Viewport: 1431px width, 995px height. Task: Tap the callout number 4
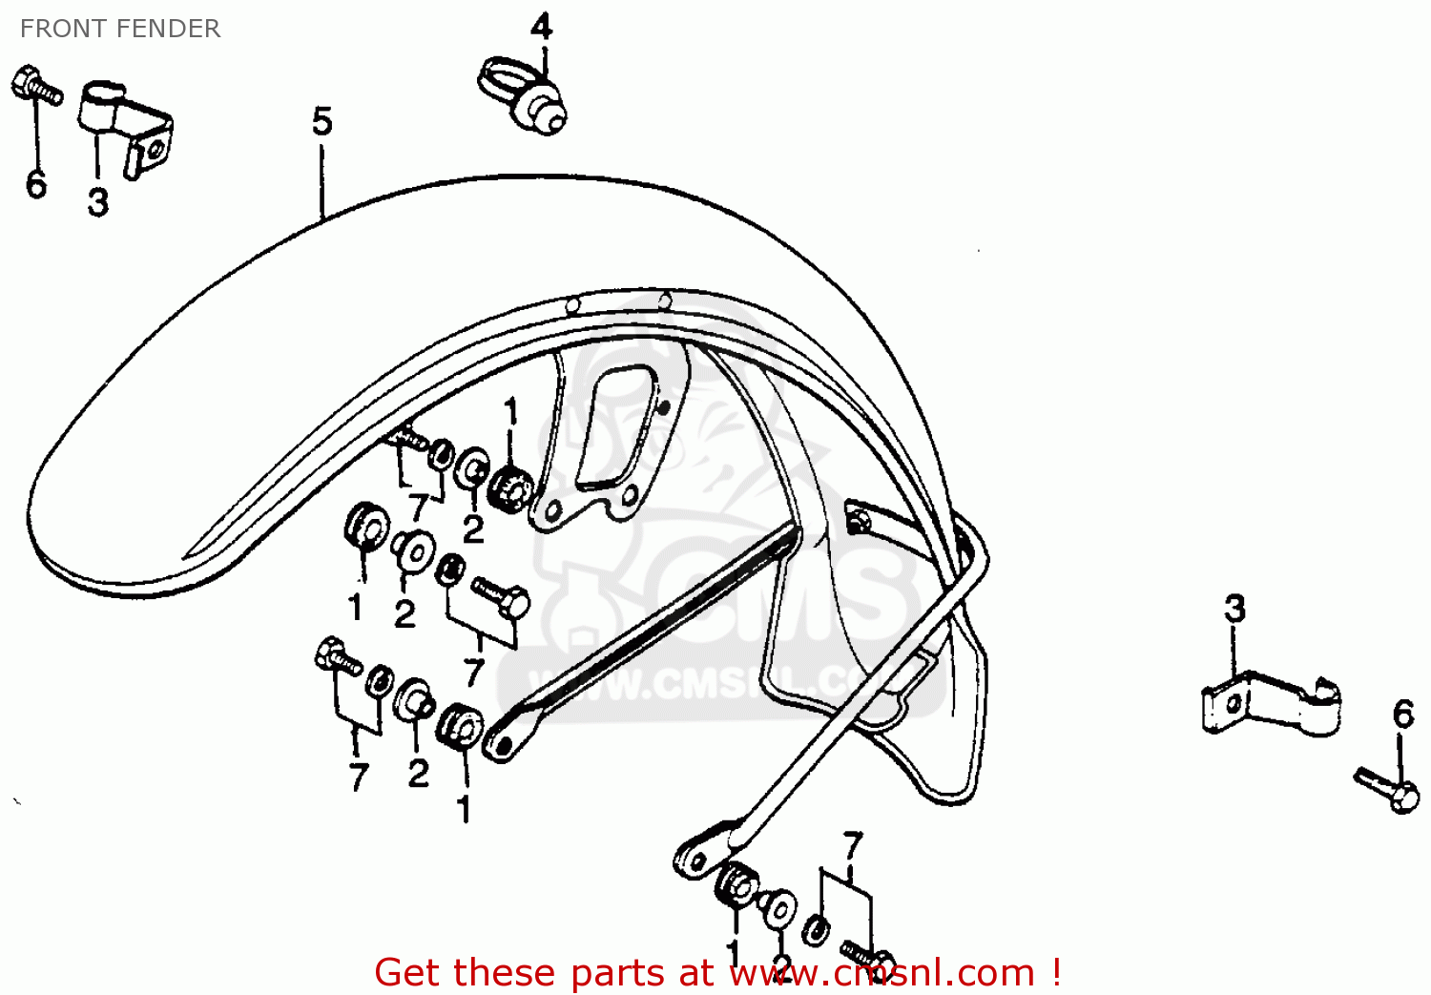[541, 26]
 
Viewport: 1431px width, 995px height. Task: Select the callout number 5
[322, 122]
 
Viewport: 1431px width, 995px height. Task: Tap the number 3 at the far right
[1234, 609]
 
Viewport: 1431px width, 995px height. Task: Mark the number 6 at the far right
[1402, 714]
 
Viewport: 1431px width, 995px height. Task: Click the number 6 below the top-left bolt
[36, 184]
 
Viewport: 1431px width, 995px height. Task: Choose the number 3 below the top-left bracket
[97, 202]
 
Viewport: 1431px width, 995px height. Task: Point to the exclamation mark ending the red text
[1056, 972]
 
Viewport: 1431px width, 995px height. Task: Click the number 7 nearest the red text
[852, 845]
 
